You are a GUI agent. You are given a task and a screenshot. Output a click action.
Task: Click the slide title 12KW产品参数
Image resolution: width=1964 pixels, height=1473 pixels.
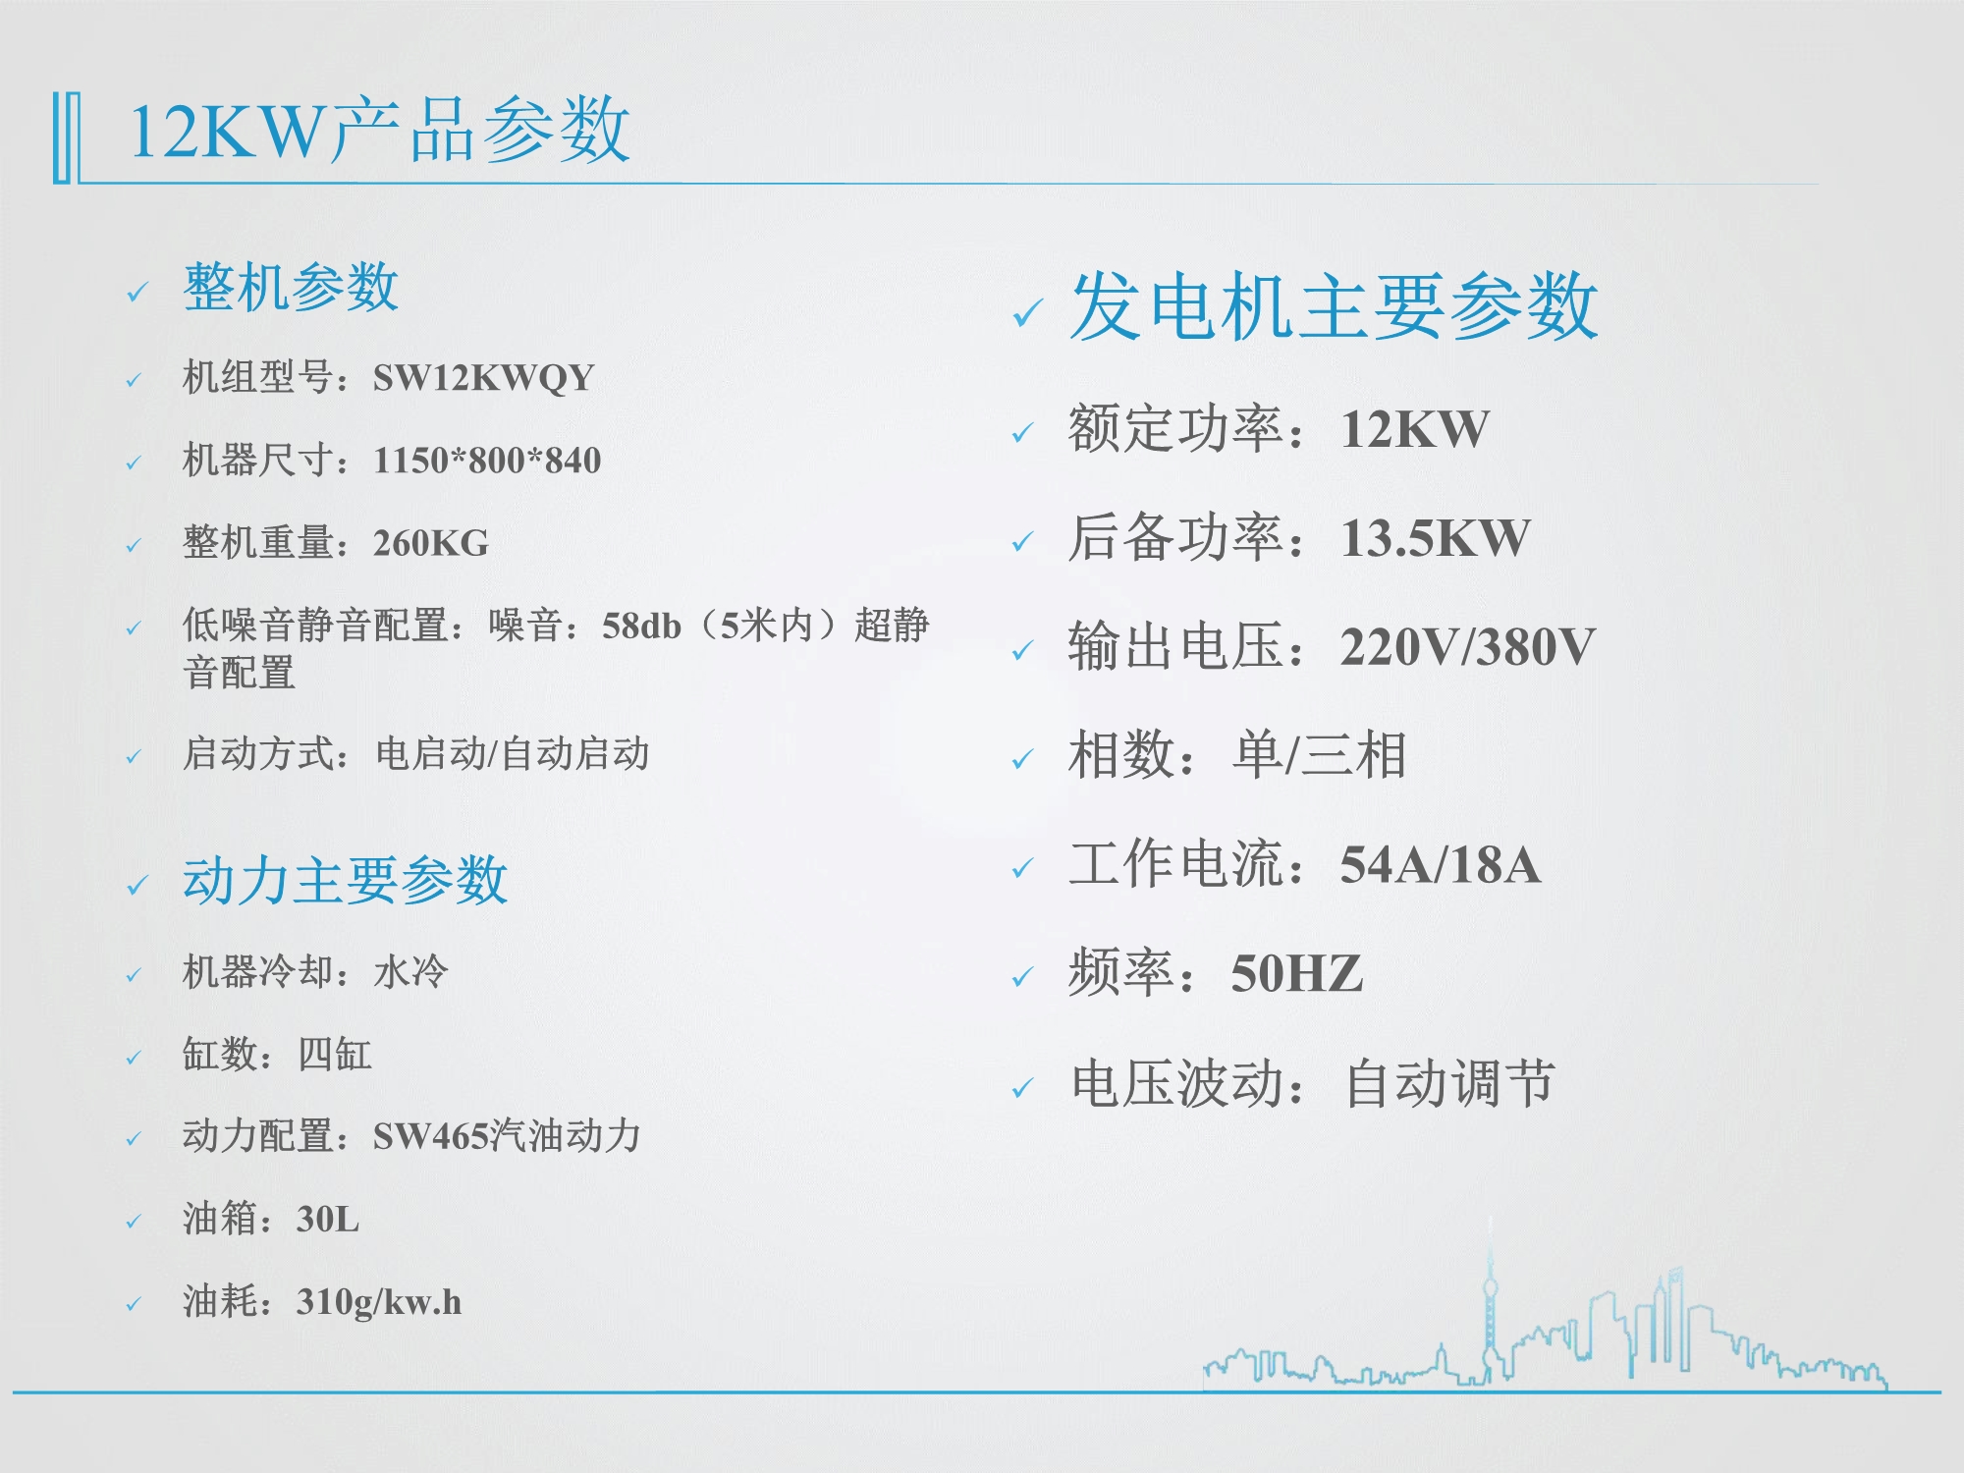[379, 130]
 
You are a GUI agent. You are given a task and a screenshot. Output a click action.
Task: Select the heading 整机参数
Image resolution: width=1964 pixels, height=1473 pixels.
[291, 288]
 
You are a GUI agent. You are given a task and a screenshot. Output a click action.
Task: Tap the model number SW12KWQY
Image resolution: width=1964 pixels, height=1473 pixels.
[483, 377]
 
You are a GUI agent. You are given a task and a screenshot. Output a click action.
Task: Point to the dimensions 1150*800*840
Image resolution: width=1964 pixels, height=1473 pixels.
[487, 460]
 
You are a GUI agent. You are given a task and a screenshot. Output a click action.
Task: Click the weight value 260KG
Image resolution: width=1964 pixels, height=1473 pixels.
[431, 542]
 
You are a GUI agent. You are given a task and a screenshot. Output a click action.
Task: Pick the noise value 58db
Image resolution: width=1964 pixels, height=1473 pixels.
[641, 625]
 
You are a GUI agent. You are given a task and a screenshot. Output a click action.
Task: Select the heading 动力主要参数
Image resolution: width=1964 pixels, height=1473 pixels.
[345, 880]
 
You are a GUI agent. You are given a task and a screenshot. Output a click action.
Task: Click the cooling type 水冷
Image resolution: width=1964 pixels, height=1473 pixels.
[410, 971]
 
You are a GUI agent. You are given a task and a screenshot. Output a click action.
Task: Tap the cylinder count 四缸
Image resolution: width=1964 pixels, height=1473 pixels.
[335, 1054]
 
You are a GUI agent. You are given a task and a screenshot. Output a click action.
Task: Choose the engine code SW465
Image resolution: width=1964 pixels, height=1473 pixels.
[431, 1136]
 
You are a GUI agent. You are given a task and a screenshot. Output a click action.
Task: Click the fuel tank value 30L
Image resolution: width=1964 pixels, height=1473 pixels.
[328, 1219]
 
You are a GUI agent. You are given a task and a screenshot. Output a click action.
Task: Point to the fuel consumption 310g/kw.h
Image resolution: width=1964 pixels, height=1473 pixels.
[379, 1302]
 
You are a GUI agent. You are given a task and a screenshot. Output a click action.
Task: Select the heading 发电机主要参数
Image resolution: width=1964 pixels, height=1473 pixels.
[1334, 306]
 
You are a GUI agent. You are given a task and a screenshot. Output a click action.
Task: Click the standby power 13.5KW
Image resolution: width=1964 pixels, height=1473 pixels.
[1436, 538]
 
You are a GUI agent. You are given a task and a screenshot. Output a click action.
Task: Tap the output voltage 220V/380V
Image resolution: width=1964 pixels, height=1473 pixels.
[1468, 647]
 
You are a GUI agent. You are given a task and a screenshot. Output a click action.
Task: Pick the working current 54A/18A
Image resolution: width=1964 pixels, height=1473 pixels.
[1441, 865]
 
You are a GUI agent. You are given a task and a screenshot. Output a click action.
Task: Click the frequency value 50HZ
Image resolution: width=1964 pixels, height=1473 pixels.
[1297, 974]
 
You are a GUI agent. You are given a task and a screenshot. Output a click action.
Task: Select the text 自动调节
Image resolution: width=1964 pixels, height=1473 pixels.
[1449, 1083]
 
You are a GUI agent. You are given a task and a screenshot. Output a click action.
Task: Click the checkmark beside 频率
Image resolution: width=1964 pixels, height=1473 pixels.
[1022, 977]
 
